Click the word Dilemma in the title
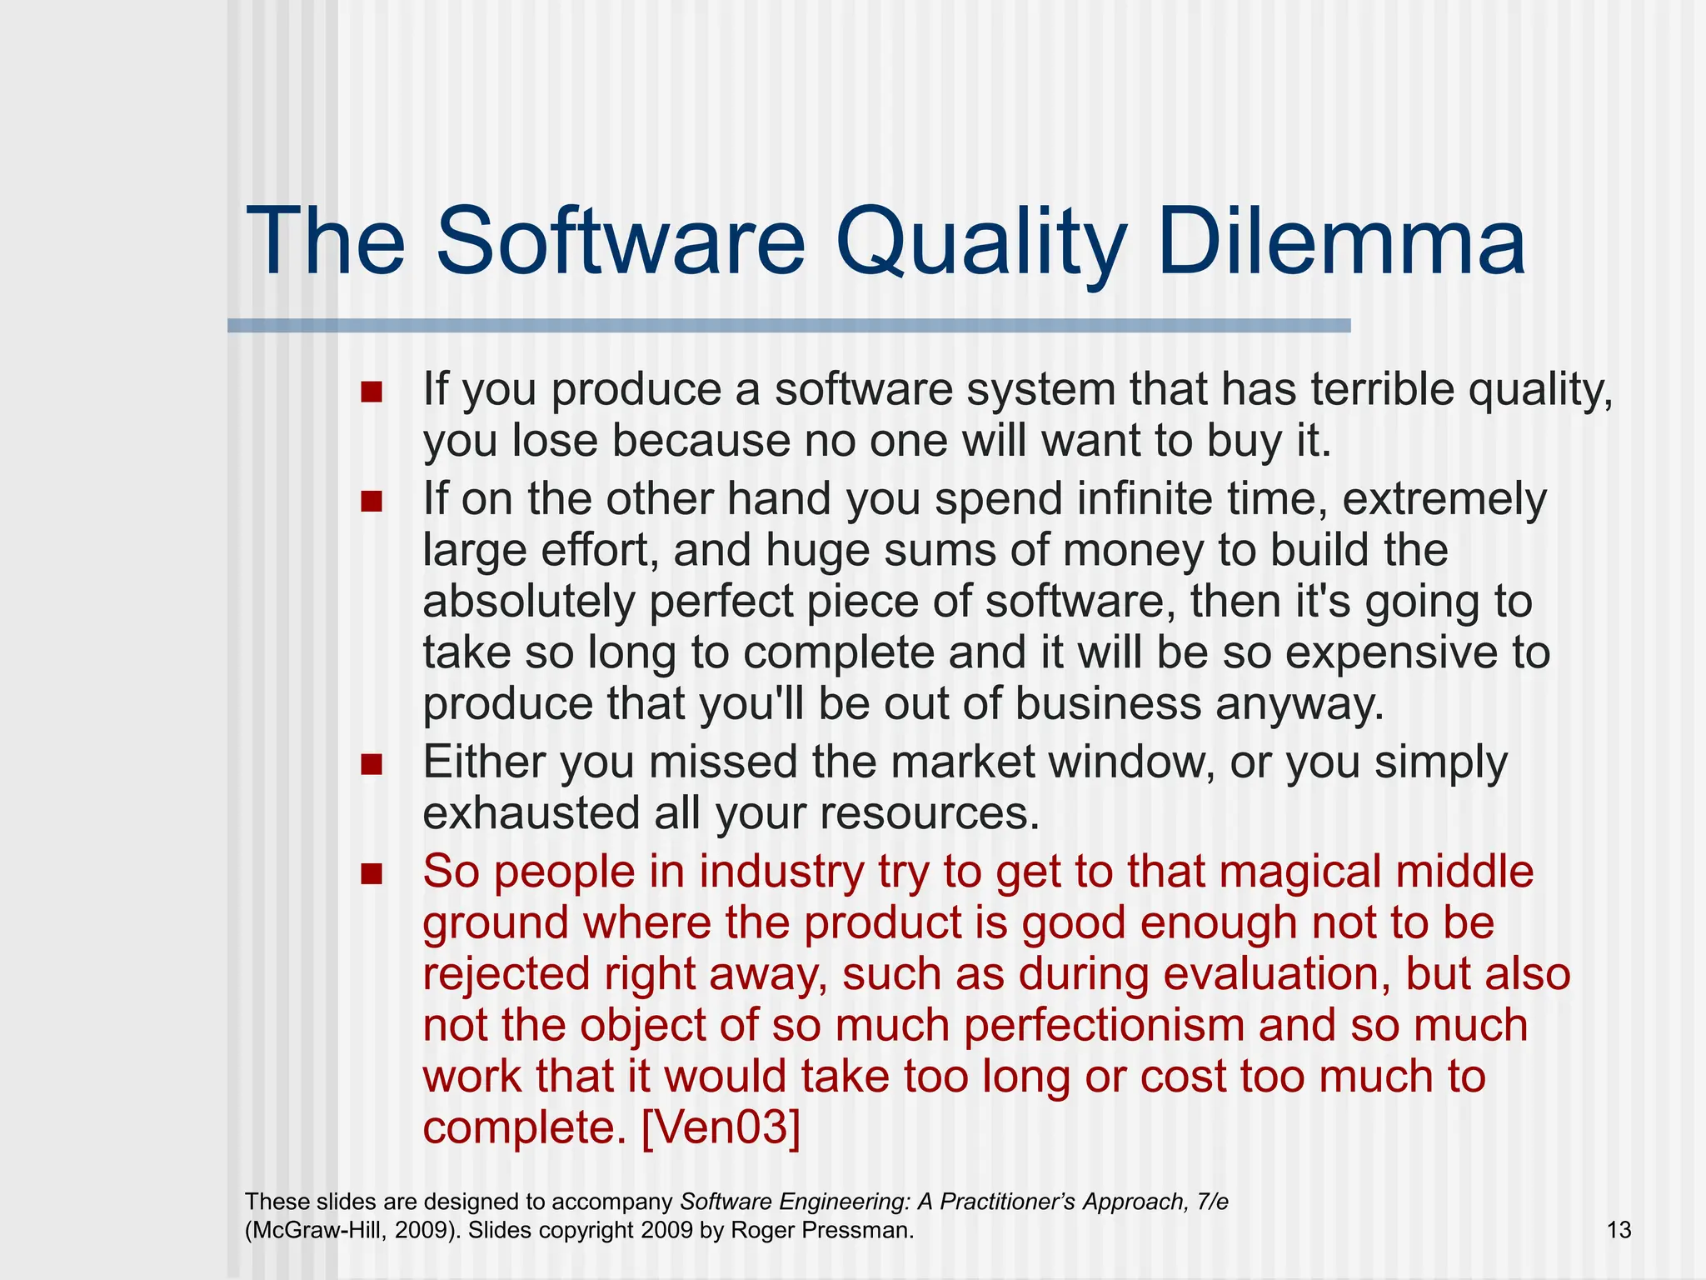[1341, 242]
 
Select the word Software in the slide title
[620, 242]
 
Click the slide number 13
[1618, 1230]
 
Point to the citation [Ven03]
[721, 1127]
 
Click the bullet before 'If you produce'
[372, 392]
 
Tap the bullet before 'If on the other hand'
[372, 502]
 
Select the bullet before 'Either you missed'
[372, 764]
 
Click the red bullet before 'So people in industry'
[372, 873]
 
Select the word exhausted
[531, 813]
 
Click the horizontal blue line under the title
[788, 326]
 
